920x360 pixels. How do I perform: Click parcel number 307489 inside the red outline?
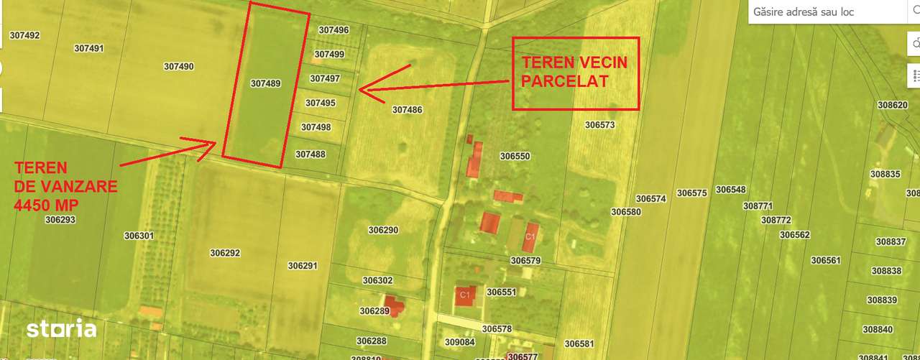(x=265, y=83)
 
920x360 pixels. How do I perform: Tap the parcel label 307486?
(x=408, y=110)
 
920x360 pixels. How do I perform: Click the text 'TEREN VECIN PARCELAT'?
(x=574, y=72)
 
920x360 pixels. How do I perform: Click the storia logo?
(x=61, y=329)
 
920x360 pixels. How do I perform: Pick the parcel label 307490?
(x=178, y=66)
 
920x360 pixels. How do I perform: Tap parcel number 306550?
(x=515, y=156)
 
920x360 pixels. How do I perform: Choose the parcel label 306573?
(x=599, y=124)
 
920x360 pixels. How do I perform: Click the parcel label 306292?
(x=225, y=253)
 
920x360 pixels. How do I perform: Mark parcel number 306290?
(x=383, y=230)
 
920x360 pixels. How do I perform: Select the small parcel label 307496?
(x=333, y=30)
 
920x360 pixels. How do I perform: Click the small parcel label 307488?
(x=310, y=154)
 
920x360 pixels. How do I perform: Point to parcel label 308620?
(x=893, y=105)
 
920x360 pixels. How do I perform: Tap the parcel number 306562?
(x=794, y=235)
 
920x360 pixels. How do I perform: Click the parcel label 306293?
(x=60, y=220)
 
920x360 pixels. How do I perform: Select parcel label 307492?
(x=24, y=35)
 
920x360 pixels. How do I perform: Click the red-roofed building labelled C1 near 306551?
(x=464, y=295)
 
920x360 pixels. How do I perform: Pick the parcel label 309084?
(x=460, y=342)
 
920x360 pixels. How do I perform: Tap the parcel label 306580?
(x=626, y=212)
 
